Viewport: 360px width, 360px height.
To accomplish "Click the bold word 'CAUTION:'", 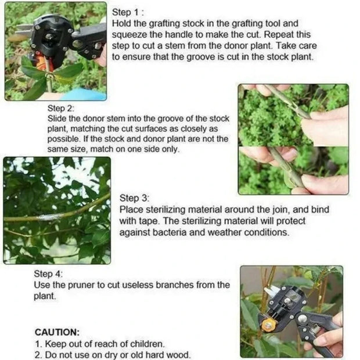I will (x=57, y=332).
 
